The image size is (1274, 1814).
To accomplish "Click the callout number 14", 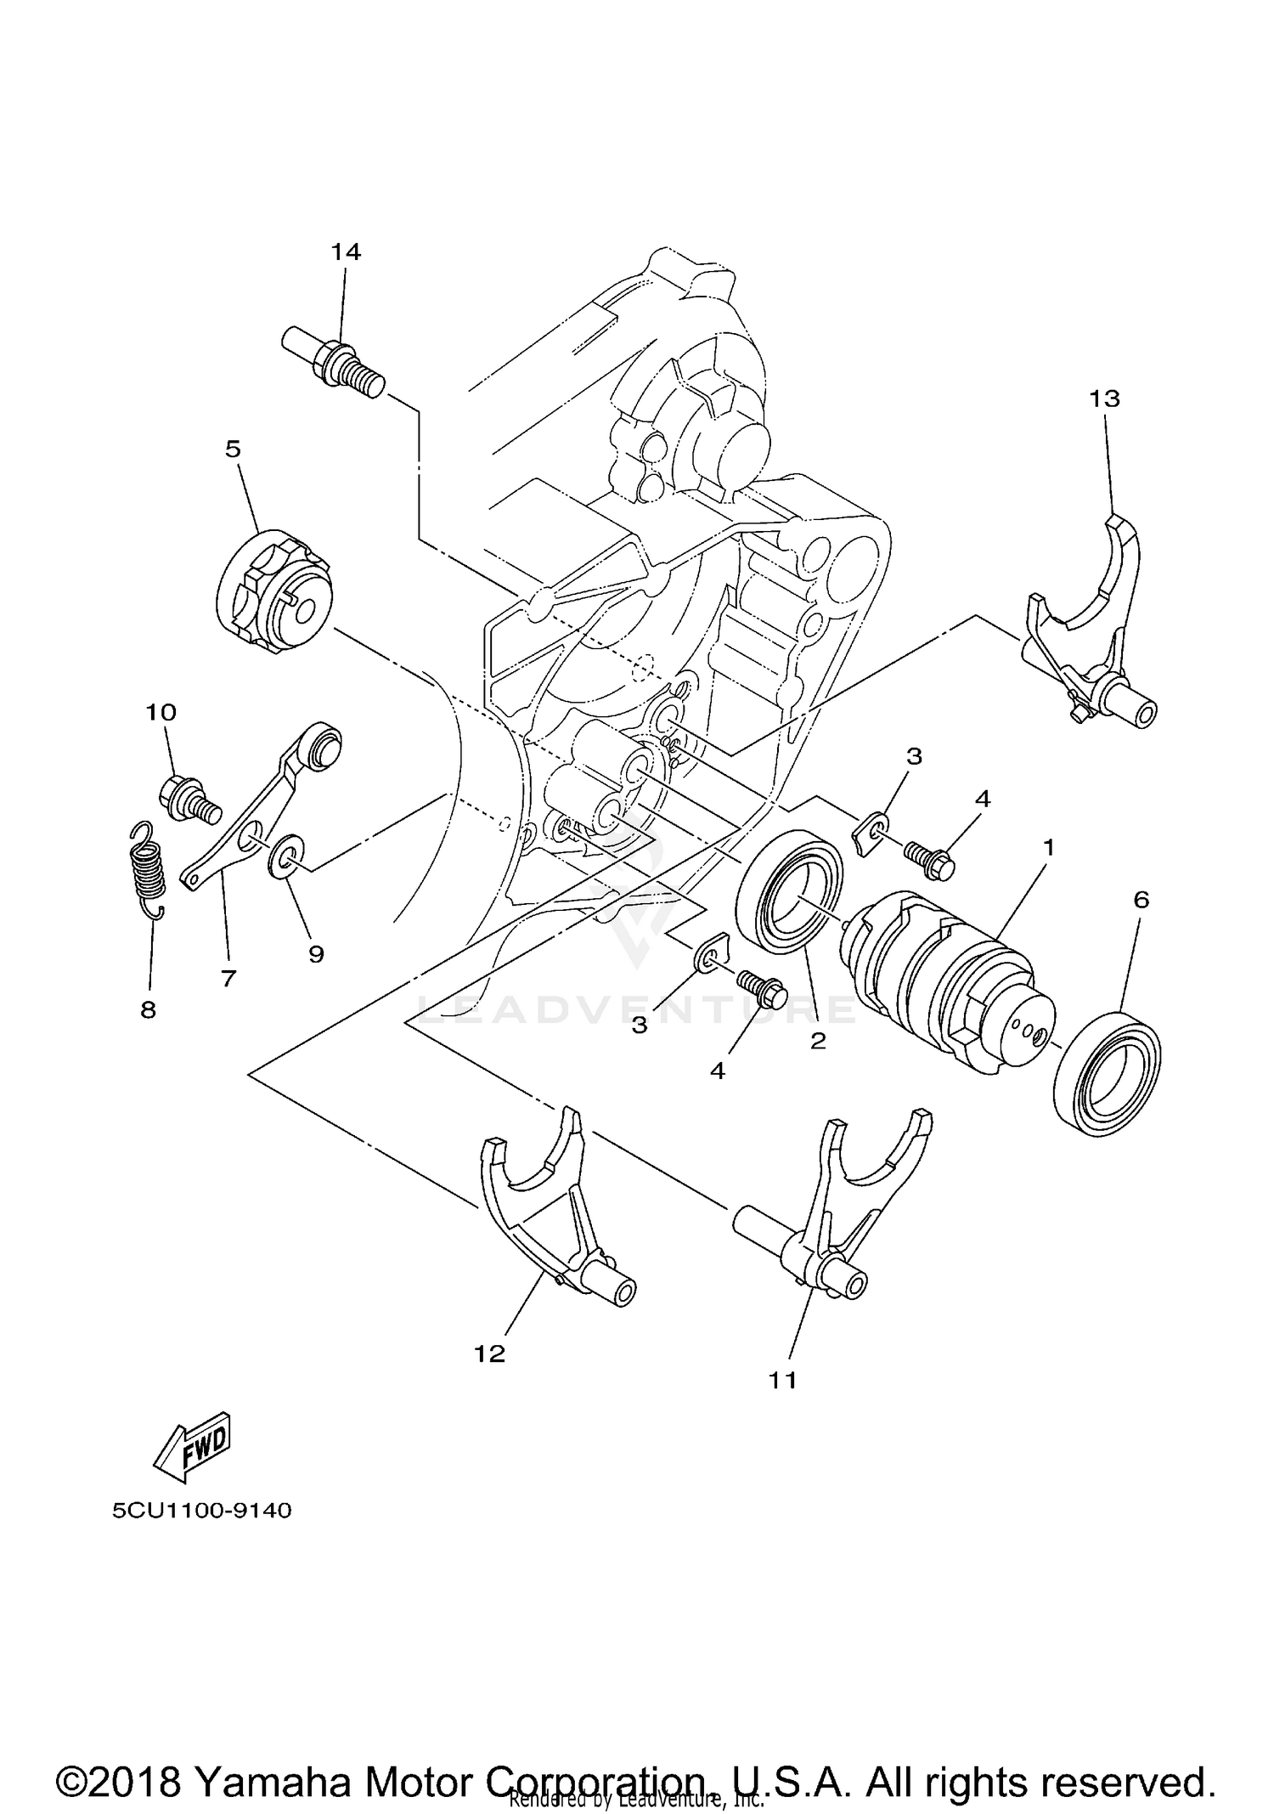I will (346, 251).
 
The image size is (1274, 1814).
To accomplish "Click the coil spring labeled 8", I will (149, 871).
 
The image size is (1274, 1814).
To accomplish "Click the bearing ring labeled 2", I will (792, 890).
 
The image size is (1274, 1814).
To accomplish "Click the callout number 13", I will (1105, 398).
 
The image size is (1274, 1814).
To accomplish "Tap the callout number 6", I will (1141, 899).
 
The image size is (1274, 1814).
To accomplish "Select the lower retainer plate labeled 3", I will (712, 953).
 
